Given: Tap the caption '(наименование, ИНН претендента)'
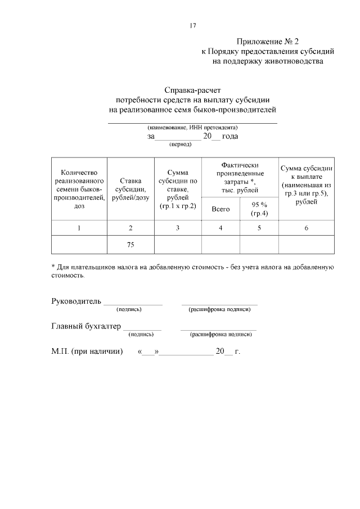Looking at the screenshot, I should tap(192, 128).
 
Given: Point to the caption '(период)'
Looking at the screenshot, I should tap(181, 145).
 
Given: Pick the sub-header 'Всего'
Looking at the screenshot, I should tap(220, 209).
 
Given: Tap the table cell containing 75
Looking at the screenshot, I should tap(130, 244).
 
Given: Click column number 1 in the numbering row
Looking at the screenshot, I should tap(79, 228).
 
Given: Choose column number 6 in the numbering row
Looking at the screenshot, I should tap(306, 228).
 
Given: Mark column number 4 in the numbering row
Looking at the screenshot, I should tap(220, 228).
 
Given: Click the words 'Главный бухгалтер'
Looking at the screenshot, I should tap(86, 326).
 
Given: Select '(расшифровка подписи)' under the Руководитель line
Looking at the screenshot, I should tap(219, 309).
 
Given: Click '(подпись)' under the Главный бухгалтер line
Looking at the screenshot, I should tap(141, 334).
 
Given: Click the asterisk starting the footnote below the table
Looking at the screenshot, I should tap(53, 267).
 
